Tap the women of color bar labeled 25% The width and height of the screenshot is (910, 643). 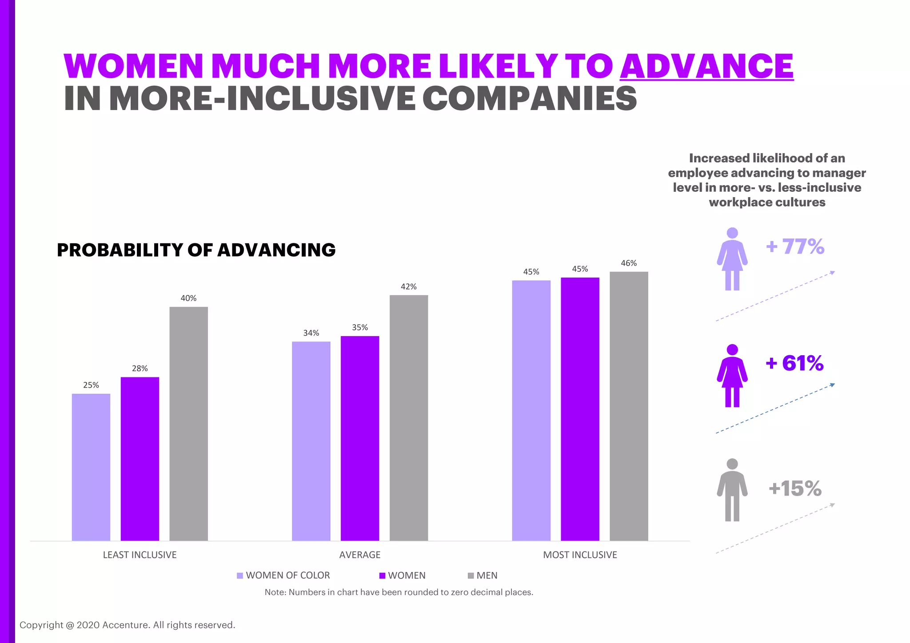91,467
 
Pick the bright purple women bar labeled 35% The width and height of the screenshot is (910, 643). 360,438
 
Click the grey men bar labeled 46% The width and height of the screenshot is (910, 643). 629,406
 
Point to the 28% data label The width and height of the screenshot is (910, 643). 140,369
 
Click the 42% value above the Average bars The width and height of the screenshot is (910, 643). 409,287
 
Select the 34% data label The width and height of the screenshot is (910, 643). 311,333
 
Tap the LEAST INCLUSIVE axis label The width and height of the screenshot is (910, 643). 140,555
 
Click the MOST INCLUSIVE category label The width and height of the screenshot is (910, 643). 580,555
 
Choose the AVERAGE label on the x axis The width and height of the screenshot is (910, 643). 360,555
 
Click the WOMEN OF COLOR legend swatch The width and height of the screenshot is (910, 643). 240,576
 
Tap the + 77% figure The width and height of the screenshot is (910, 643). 795,246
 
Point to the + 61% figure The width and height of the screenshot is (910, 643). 794,363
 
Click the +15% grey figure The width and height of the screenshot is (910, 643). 795,488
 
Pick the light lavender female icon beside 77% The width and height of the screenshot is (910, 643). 732,259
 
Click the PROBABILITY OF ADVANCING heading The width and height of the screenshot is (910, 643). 196,250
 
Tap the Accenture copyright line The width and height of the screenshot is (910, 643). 127,625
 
